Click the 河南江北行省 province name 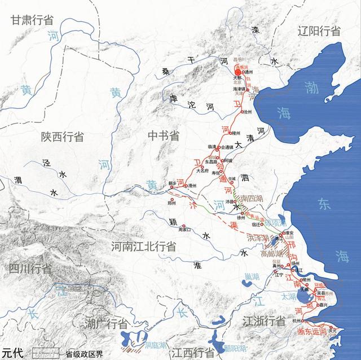pyautogui.click(x=143, y=247)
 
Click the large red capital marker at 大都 pyautogui.click(x=238, y=72)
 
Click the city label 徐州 pyautogui.click(x=244, y=216)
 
